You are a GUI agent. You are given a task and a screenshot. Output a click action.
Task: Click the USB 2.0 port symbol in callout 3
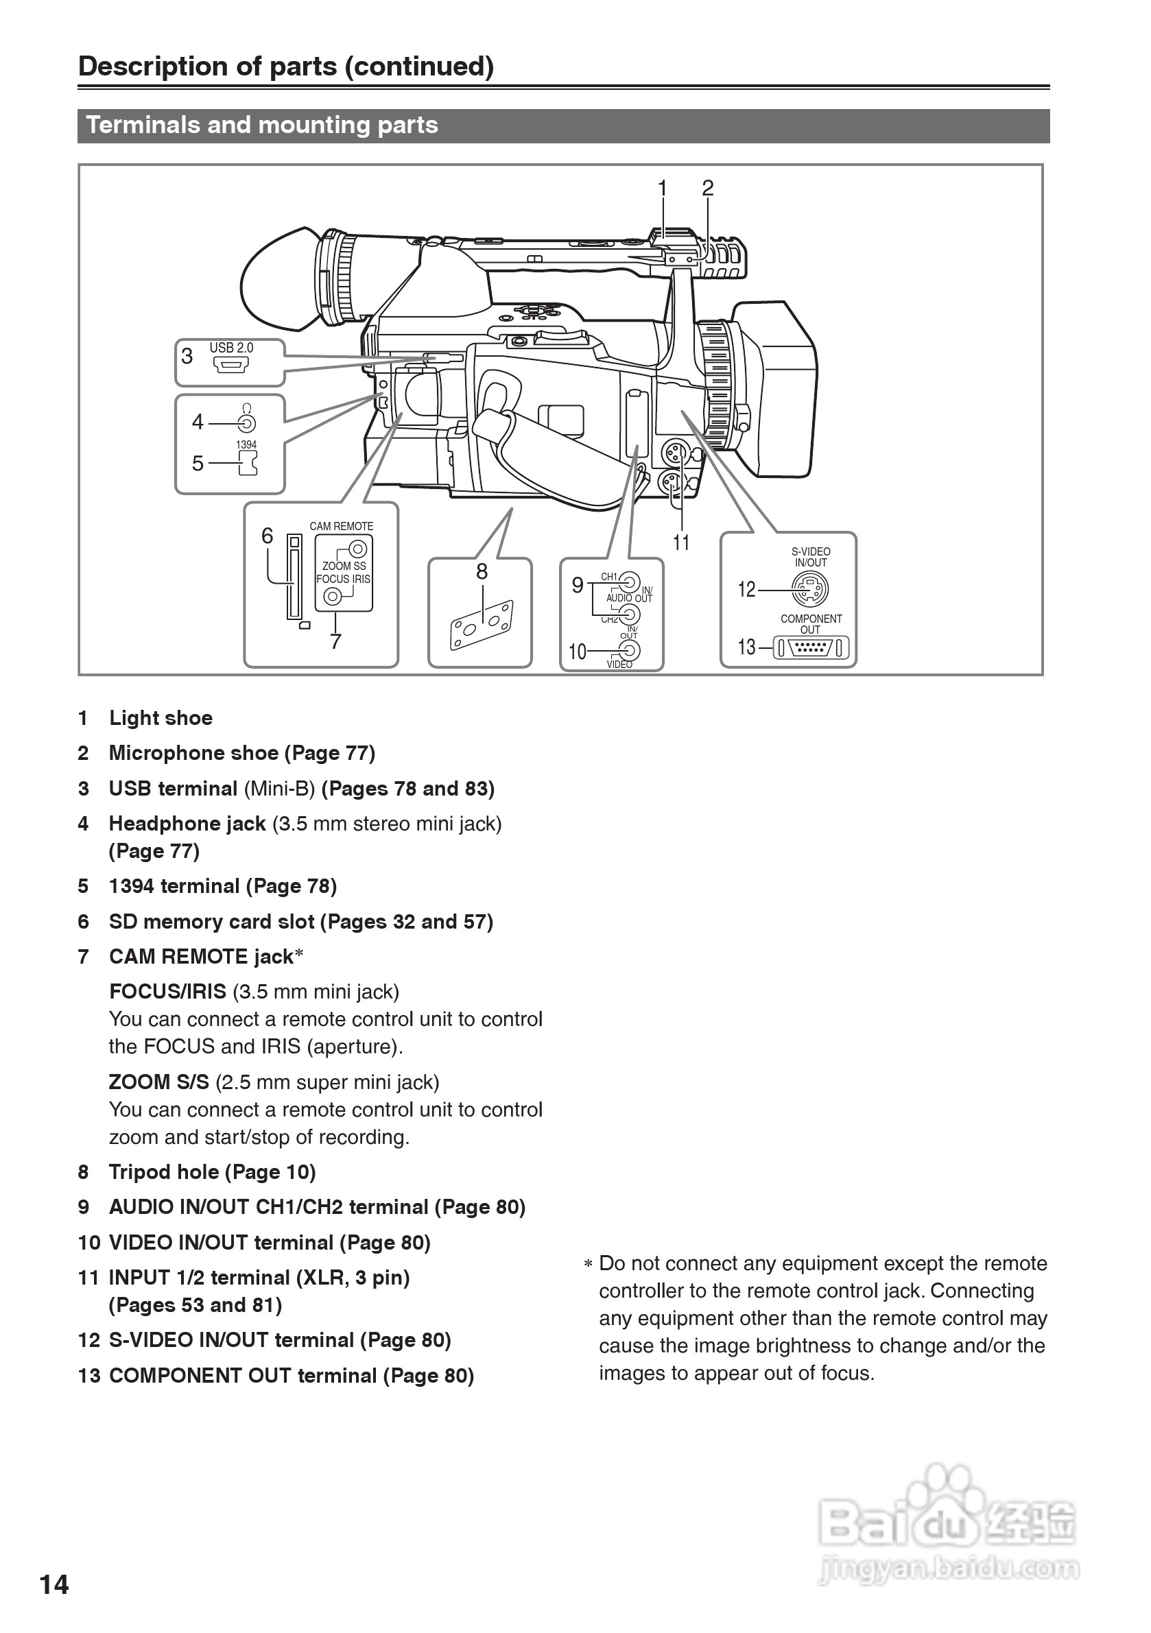(x=231, y=366)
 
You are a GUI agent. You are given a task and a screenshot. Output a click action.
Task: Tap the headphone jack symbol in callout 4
(x=246, y=424)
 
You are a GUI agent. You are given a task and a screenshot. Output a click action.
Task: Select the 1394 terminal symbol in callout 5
(x=248, y=464)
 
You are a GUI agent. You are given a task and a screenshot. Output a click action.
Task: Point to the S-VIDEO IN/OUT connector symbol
(x=810, y=590)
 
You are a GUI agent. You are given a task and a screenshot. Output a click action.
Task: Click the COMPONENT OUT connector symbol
(x=810, y=648)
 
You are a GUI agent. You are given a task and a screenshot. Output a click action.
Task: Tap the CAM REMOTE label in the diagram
(x=342, y=526)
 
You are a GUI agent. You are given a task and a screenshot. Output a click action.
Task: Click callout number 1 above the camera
(x=663, y=189)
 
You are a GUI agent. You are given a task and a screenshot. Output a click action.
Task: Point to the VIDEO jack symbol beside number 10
(x=629, y=650)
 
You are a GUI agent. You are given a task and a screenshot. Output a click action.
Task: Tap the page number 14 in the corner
(x=54, y=1584)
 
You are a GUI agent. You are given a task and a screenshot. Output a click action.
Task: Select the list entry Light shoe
(x=161, y=718)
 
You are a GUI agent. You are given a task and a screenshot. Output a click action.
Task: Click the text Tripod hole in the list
(x=164, y=1172)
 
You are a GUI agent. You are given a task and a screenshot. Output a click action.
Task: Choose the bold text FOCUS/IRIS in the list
(x=168, y=992)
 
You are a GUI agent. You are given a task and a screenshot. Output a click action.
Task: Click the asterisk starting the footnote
(x=588, y=1265)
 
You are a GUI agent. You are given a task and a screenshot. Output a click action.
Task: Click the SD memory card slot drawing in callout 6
(x=294, y=577)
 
